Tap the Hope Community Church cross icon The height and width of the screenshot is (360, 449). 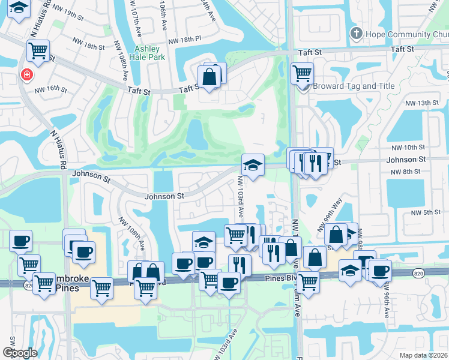pos(356,34)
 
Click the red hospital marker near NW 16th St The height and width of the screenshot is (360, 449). pos(26,75)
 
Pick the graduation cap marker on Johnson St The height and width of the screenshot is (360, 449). pos(253,165)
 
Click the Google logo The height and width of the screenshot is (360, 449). pos(20,353)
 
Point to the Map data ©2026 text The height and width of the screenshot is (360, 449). pos(424,355)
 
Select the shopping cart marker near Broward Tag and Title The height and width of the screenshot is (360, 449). pos(302,74)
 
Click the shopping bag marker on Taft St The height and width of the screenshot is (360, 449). pos(209,77)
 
